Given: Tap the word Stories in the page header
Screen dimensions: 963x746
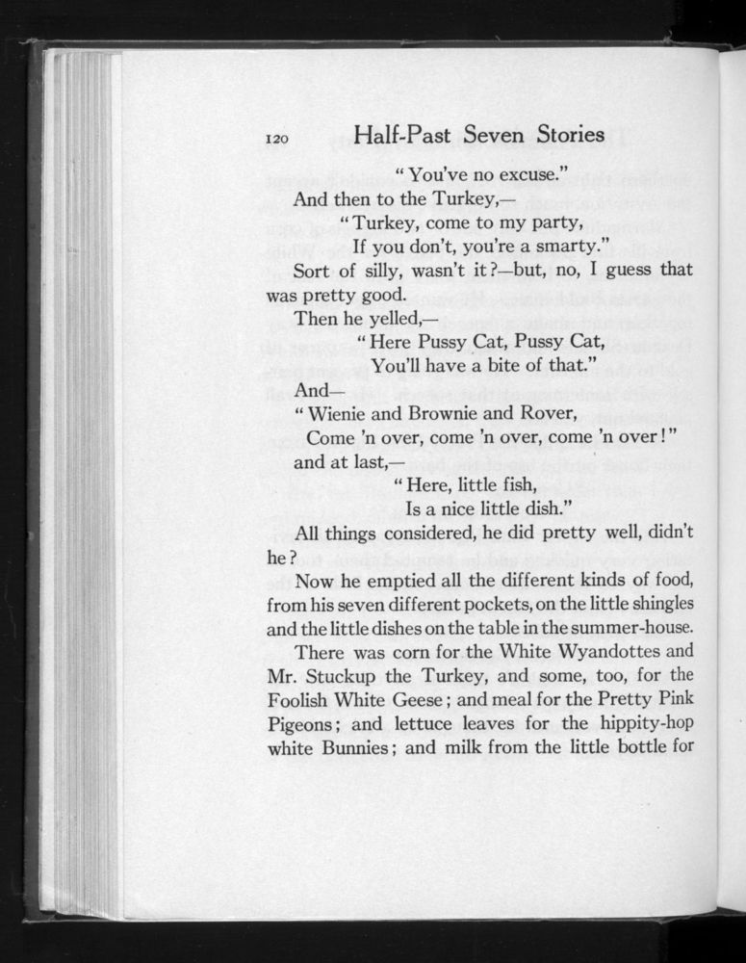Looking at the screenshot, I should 561,135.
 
